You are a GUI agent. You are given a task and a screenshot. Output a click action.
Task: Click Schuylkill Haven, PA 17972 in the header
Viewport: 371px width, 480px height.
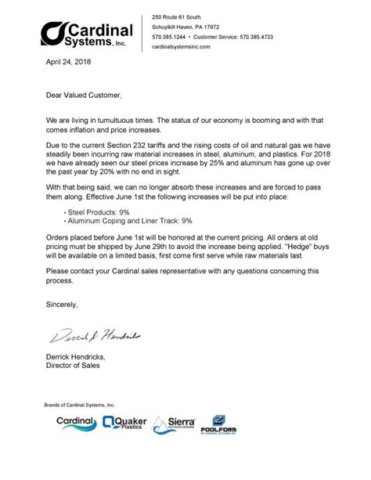coord(186,26)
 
